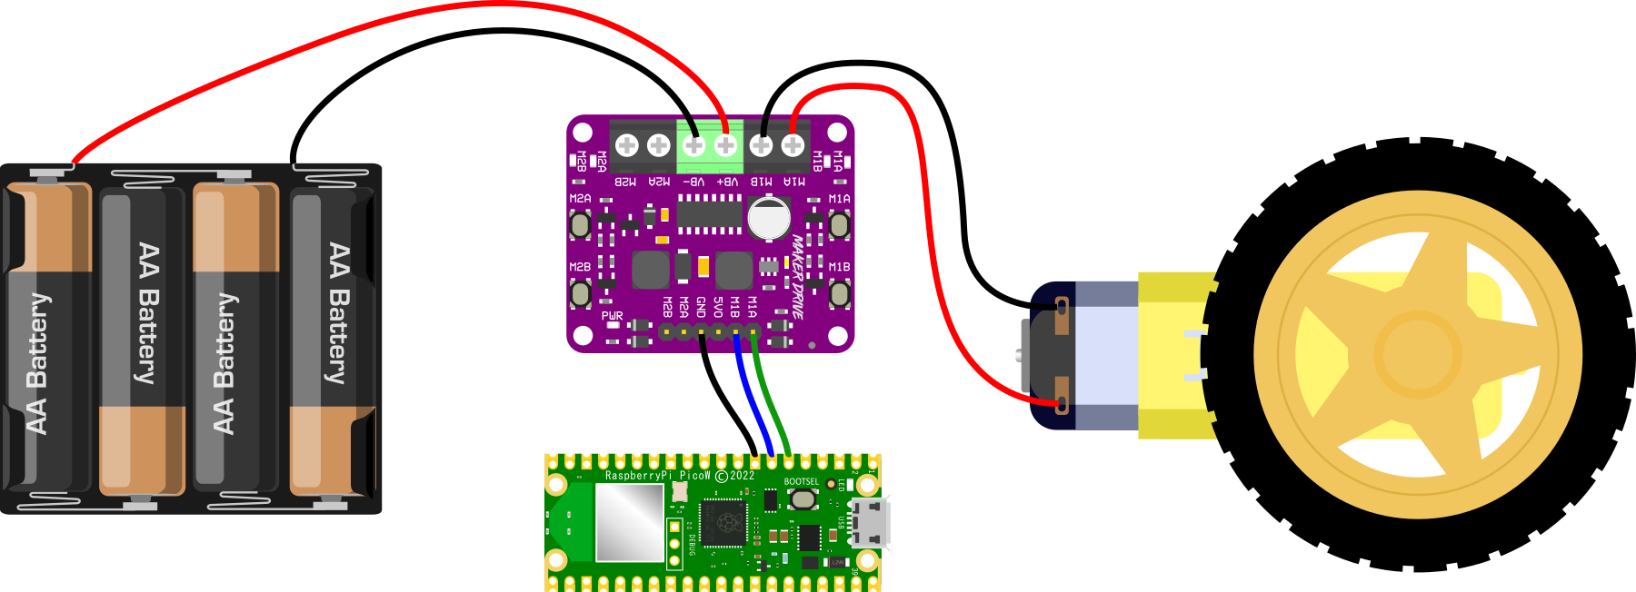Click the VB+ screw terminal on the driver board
coord(725,145)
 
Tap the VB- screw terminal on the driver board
coord(693,145)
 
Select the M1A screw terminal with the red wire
coord(793,145)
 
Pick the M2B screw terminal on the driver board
coord(626,145)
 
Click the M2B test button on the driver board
coord(580,293)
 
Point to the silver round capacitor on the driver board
coord(769,218)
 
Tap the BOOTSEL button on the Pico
coord(803,498)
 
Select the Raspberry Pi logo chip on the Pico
coord(725,521)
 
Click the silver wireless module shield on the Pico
coord(629,521)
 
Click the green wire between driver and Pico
coord(771,400)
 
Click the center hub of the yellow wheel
coord(1417,355)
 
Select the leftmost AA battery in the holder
coord(50,336)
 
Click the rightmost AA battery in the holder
coord(333,336)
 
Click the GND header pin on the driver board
coord(701,332)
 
